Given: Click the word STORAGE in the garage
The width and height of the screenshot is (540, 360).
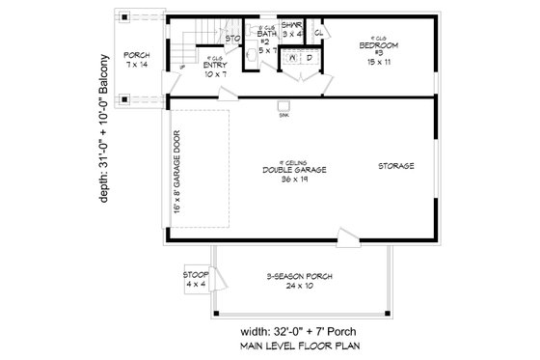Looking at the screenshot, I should point(396,166).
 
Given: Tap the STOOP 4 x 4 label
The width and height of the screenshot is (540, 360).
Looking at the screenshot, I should point(195,280).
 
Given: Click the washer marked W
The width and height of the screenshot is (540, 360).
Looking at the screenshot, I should point(291,59).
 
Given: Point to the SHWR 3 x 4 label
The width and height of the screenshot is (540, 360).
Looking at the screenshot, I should point(292,31).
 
